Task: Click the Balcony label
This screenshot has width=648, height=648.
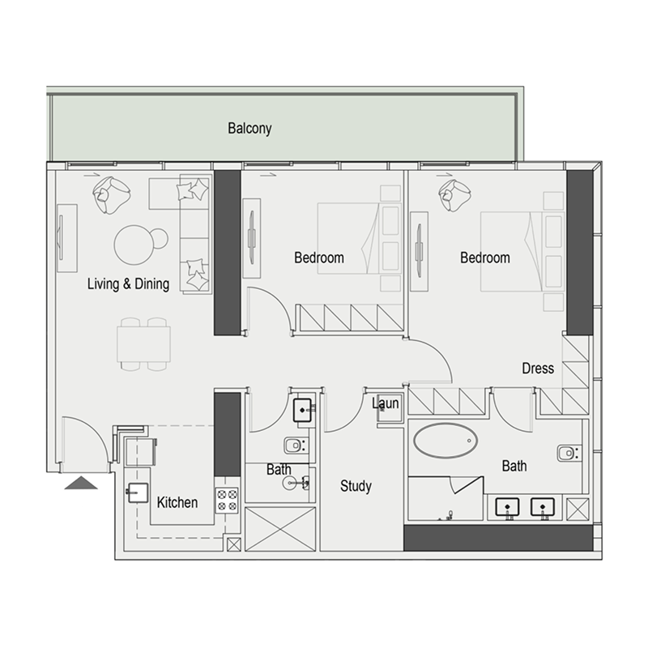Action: tap(249, 128)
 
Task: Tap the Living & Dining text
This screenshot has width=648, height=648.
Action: tap(128, 284)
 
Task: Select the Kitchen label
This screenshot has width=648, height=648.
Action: tap(177, 502)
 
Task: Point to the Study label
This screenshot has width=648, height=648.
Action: tap(356, 486)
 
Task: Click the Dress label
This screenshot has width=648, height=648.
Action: tap(538, 369)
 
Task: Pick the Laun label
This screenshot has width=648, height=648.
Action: tap(385, 403)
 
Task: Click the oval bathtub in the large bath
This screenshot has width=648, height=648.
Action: tap(446, 441)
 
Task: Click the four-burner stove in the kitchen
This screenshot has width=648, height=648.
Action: tap(226, 500)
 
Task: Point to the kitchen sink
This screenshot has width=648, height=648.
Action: tap(134, 492)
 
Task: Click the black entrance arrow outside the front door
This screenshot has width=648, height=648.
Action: tap(80, 484)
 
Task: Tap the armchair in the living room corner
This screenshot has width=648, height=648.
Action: tap(111, 194)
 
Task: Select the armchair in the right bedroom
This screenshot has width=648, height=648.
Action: tap(454, 194)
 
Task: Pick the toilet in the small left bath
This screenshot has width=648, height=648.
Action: tap(294, 445)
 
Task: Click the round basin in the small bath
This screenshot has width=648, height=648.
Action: tap(294, 483)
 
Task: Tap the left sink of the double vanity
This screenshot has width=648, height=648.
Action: tap(508, 507)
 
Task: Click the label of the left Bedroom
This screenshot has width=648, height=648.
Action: tap(318, 258)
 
